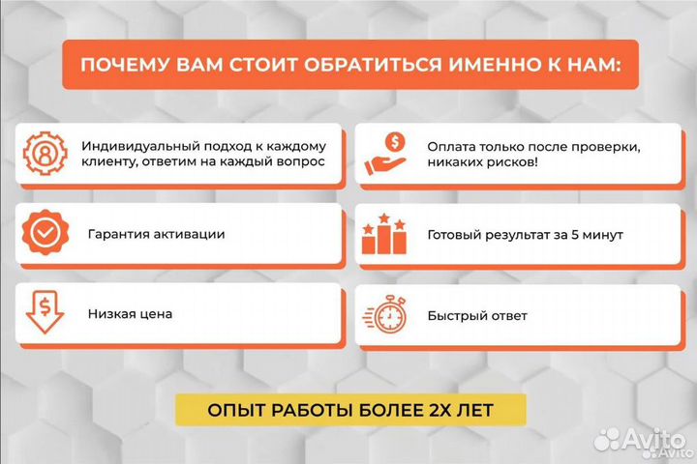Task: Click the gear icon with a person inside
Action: tap(44, 154)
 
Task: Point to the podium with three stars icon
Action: tap(384, 235)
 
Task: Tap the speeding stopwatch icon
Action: tap(384, 315)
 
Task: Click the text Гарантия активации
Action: tap(156, 235)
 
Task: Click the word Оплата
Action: tap(451, 145)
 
